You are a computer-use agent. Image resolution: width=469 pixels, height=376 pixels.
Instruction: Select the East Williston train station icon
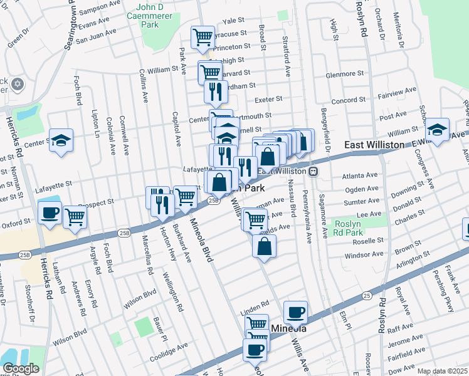coord(312,170)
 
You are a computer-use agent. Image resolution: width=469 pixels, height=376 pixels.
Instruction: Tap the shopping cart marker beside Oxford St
coord(75,217)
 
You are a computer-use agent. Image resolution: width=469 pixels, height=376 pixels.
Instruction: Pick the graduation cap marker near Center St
coord(61,140)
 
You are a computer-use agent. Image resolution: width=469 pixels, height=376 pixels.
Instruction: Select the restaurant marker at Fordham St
coord(215,91)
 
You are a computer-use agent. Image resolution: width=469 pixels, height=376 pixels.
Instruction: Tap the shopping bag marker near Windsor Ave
coord(265,246)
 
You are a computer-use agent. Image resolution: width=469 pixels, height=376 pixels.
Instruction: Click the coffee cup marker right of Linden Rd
coord(295,311)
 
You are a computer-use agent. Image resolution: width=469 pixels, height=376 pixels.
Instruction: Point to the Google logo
coord(21,368)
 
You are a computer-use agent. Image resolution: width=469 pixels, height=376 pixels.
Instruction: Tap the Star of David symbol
coord(17,83)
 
